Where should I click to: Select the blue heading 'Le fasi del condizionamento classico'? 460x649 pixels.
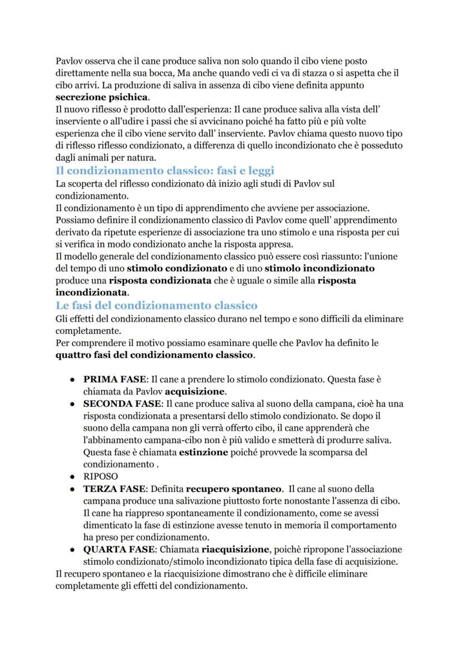click(x=156, y=305)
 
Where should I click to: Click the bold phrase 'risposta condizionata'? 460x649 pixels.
click(x=160, y=280)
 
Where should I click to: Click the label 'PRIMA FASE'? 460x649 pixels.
click(x=114, y=380)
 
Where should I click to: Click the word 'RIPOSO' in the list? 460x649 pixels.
click(x=101, y=476)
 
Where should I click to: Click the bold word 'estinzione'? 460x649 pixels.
click(x=203, y=452)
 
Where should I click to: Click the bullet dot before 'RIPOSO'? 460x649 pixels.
click(x=73, y=477)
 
